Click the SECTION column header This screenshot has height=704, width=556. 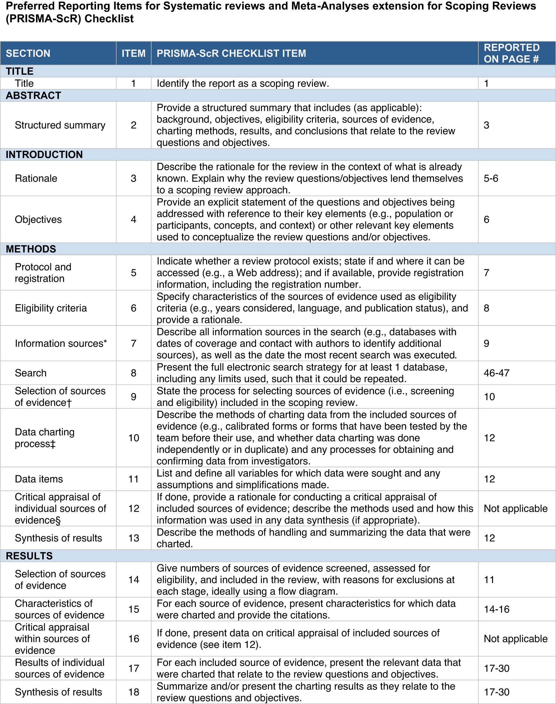click(x=28, y=53)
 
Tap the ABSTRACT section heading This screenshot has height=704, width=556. click(x=33, y=96)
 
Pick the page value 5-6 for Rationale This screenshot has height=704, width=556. click(x=491, y=178)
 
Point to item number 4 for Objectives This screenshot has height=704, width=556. click(x=134, y=219)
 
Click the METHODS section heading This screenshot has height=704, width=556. click(x=31, y=249)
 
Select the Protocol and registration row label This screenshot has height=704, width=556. click(x=43, y=273)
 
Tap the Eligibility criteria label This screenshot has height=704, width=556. click(x=51, y=308)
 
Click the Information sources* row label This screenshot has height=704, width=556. click(x=61, y=343)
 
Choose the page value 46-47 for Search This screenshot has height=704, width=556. click(x=497, y=373)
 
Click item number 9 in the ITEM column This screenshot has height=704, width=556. click(x=134, y=397)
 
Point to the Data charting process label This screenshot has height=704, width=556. click(x=45, y=438)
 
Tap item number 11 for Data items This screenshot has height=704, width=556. click(x=134, y=479)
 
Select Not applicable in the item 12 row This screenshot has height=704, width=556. click(x=516, y=508)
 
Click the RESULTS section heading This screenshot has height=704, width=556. click(x=29, y=556)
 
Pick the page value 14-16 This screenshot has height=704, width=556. click(x=497, y=609)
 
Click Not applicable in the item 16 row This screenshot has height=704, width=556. click(x=516, y=639)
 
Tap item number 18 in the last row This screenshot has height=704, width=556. click(x=134, y=692)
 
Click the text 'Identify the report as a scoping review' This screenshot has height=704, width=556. click(x=243, y=83)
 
